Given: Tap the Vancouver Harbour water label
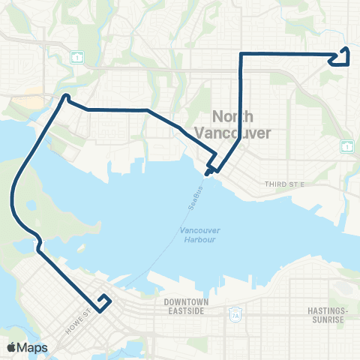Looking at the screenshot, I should (x=198, y=235).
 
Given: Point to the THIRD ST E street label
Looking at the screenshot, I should (x=281, y=184).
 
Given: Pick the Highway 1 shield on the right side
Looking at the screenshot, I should (x=346, y=145).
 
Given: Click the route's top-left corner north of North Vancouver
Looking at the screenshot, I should (x=241, y=54).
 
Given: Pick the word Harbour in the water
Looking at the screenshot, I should (x=198, y=239).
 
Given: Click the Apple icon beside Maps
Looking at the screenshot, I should (x=11, y=347).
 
